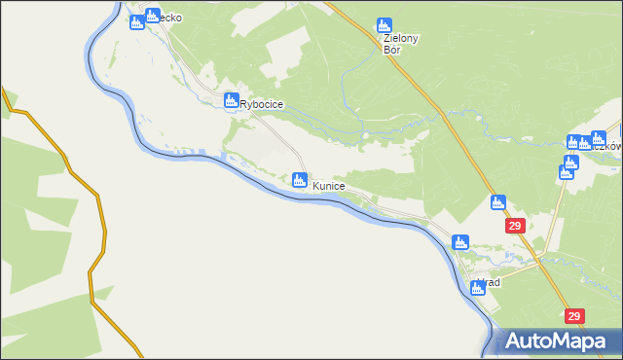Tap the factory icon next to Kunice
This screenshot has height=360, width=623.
coord(300,180)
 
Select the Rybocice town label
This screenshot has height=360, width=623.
coord(262,104)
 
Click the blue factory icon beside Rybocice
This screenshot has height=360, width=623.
coord(232,100)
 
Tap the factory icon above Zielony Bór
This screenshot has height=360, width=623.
coord(384,26)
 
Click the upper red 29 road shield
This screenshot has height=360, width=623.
coord(516,226)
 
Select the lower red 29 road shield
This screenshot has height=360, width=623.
coord(574,316)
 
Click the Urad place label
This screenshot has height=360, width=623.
coord(490,283)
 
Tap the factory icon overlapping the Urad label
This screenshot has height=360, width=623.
coord(478,286)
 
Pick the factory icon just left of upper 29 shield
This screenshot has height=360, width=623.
coord(498,203)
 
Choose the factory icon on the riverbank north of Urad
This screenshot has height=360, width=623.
coord(460,242)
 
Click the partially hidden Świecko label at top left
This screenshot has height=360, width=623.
coord(160,17)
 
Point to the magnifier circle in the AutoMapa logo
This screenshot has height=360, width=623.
coord(512,340)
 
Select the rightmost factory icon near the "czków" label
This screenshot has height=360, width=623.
coord(598,139)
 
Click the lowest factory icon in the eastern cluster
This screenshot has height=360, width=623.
coord(566,172)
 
